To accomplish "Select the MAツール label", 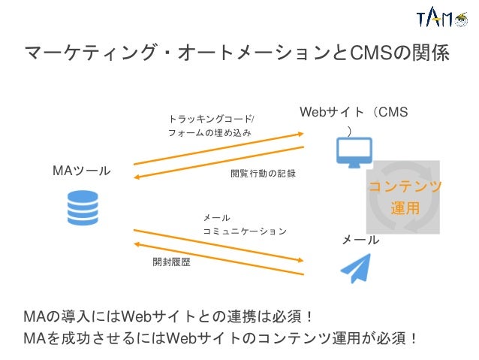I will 80,171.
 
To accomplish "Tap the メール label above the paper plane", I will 360,241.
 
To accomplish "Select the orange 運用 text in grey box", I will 405,207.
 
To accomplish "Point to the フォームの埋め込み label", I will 209,133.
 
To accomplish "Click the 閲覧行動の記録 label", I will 263,174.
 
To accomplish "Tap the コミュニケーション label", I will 245,231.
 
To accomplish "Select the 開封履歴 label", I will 171,262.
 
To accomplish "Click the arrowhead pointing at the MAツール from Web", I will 137,177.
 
